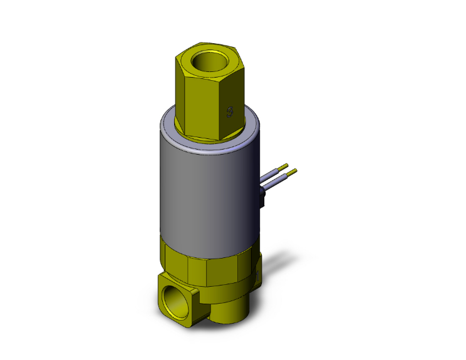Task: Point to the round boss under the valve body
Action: pyautogui.click(x=225, y=313)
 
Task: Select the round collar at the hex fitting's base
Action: pyautogui.click(x=207, y=133)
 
